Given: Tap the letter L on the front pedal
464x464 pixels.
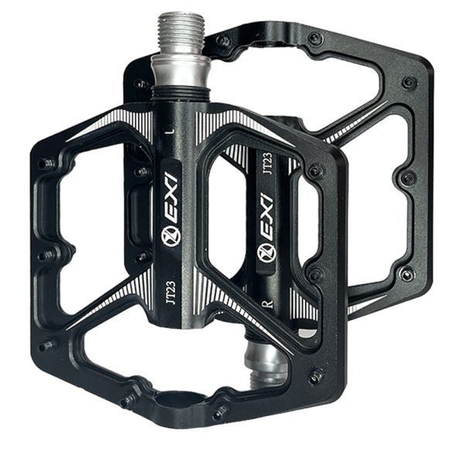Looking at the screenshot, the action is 170,131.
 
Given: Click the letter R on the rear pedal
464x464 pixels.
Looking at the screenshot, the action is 270,304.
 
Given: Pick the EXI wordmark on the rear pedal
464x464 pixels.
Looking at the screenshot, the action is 266,219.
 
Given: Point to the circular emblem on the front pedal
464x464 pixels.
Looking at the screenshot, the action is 169,237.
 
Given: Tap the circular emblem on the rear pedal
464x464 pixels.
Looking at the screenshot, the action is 267,253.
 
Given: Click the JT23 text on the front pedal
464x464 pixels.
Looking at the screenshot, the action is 170,292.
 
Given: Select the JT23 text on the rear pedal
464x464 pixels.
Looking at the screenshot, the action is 268,163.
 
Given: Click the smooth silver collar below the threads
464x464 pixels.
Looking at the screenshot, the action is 180,71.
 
